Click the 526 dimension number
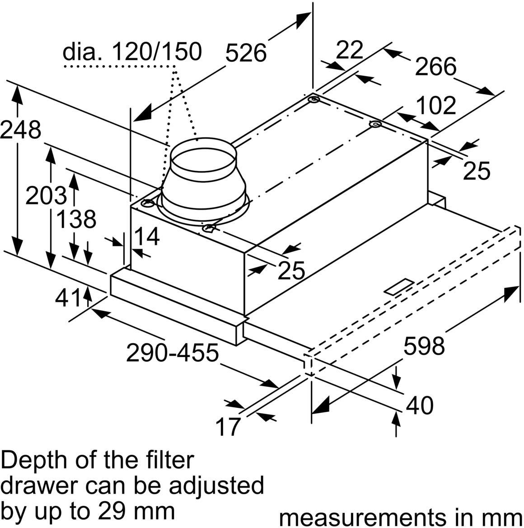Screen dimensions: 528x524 pos(246,53)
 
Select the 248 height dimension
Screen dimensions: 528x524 pos(20,130)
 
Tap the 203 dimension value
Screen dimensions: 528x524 pos(46,196)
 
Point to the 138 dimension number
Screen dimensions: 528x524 pos(76,220)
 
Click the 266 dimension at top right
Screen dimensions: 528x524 pos(435,67)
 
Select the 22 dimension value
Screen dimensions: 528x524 pos(350,50)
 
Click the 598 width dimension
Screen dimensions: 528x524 pos(424,346)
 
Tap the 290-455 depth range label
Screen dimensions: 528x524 pos(172,353)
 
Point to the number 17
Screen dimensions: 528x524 pos(228,427)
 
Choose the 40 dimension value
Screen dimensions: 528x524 pos(420,405)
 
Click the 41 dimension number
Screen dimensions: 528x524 pos(68,298)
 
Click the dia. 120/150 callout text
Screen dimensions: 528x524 pos(131,52)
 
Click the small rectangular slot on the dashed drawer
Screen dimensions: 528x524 pos(398,287)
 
